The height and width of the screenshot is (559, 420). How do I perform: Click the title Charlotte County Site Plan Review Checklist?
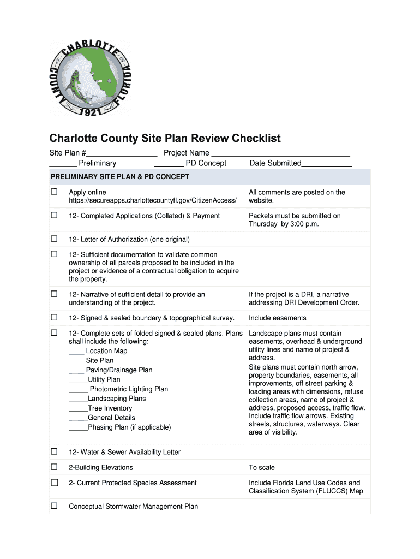(x=165, y=138)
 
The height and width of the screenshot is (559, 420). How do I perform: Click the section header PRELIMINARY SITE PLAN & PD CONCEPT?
(x=120, y=177)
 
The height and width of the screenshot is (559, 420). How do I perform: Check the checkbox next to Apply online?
(x=54, y=192)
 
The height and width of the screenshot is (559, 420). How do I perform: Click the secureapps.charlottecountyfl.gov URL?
(x=153, y=201)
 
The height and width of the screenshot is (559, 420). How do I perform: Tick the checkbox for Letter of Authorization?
(x=54, y=239)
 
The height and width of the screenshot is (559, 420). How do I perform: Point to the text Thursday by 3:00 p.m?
(x=284, y=224)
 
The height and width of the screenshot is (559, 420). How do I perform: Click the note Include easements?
(x=278, y=318)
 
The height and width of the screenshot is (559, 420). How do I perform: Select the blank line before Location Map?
(x=76, y=352)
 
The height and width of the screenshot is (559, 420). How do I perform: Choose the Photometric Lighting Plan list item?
(x=128, y=389)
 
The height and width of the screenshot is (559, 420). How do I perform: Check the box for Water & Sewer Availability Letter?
(x=54, y=452)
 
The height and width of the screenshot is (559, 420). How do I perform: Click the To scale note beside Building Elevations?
(x=262, y=467)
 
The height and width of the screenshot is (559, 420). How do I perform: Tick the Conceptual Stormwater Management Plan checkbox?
(x=54, y=506)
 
